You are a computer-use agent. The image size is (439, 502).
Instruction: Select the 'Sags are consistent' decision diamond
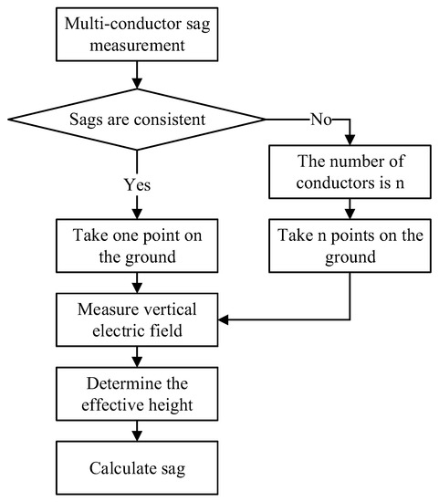(x=136, y=119)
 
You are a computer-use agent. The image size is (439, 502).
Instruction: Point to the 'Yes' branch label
(x=136, y=183)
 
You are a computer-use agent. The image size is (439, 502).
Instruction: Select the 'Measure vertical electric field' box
(x=136, y=319)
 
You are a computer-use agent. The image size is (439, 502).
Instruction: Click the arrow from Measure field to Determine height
(x=136, y=356)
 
